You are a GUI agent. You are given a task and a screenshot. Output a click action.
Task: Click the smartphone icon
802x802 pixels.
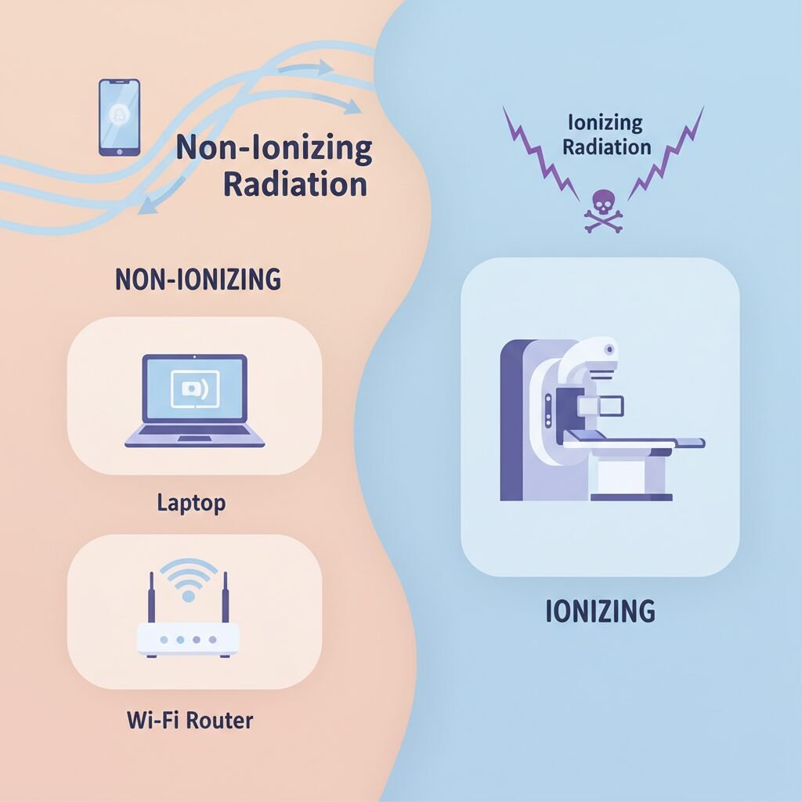tap(119, 117)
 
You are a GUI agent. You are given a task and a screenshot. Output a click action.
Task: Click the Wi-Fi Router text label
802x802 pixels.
tap(190, 719)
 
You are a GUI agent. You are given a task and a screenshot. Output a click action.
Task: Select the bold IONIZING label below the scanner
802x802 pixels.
tap(600, 611)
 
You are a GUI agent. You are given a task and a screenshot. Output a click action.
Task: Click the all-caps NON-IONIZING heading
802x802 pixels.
tap(197, 280)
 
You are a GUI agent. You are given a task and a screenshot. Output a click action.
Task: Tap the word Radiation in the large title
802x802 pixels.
tap(294, 185)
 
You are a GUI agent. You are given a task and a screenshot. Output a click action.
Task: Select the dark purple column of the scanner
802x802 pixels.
tap(513, 423)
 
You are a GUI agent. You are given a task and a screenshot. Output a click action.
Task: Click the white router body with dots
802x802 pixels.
tap(188, 638)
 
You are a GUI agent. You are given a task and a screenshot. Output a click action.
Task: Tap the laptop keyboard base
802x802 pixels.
tap(195, 440)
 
